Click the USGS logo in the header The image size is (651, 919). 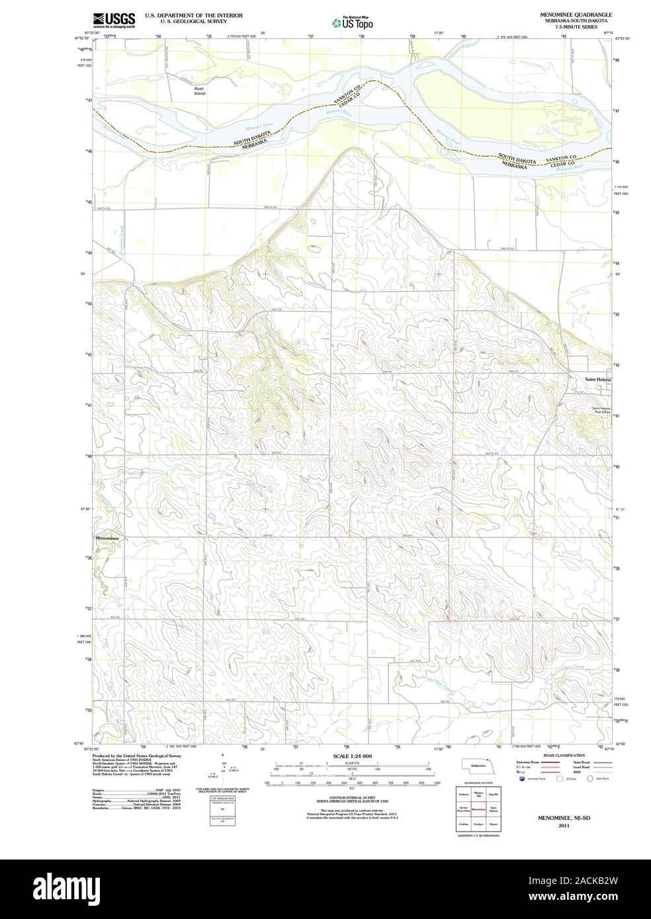click(x=114, y=20)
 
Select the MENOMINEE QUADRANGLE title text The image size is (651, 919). click(x=576, y=14)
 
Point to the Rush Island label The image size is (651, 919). click(x=199, y=91)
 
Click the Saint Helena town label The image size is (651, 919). click(x=598, y=380)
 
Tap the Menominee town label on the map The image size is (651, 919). click(x=107, y=539)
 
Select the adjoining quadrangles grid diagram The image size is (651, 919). click(x=478, y=810)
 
